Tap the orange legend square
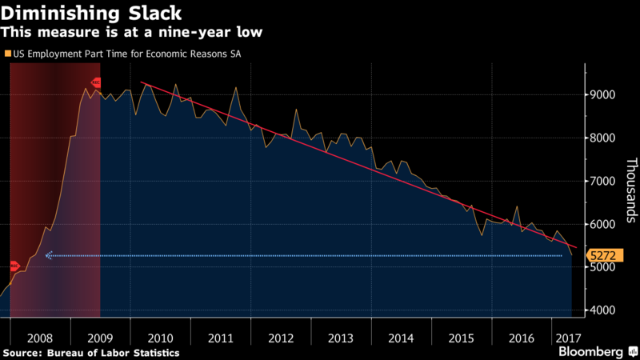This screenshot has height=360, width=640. [x=7, y=54]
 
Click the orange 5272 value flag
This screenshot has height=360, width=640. [x=602, y=256]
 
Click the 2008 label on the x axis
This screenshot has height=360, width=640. [x=39, y=338]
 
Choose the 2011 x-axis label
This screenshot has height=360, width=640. [x=220, y=338]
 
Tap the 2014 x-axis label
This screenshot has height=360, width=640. [x=401, y=338]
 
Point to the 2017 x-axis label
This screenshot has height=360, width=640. [x=569, y=338]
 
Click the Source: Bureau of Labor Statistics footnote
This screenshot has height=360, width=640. [x=90, y=352]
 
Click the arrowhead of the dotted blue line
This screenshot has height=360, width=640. [x=48, y=256]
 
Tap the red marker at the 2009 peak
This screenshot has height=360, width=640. [x=96, y=82]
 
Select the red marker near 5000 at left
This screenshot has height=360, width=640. [x=14, y=266]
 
